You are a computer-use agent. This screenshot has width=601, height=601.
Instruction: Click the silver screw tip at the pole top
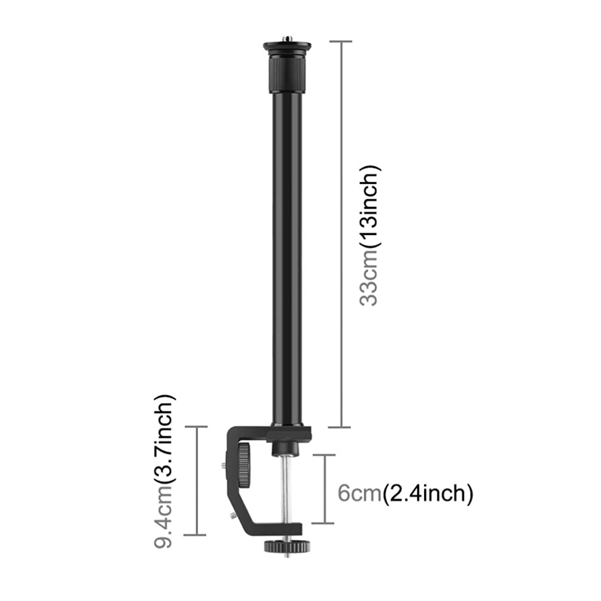point(287,39)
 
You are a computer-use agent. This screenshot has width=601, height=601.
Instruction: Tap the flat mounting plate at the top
point(287,47)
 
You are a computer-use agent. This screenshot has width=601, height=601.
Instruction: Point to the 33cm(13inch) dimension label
point(369,236)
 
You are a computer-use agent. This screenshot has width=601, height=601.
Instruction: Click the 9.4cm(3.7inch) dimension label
point(164,471)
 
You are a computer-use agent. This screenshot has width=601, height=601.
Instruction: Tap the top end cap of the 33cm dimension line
point(340,41)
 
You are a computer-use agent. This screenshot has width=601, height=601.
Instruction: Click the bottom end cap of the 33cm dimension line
point(340,427)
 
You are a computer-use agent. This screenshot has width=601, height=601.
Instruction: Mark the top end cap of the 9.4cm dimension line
point(196,426)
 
